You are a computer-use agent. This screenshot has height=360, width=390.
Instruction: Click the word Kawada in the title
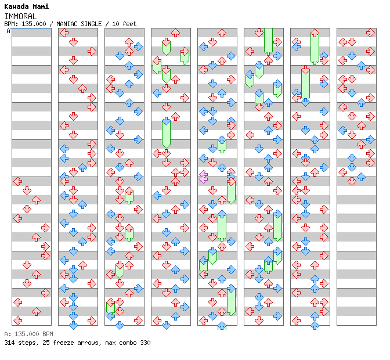coord(16,6)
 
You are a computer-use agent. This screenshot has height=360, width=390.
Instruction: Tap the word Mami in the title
coord(41,6)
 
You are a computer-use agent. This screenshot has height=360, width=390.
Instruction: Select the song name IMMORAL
coord(20,16)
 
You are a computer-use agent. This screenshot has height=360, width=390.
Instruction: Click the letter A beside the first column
coord(9,31)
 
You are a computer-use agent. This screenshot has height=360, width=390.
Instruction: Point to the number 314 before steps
coord(10,343)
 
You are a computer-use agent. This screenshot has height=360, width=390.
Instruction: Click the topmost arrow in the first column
coord(17,181)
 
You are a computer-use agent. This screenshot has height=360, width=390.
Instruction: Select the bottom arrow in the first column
coord(17,321)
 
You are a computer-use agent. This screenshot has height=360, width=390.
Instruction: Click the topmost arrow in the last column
coord(370,33)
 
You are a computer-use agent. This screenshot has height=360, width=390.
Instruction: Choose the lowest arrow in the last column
coord(352,181)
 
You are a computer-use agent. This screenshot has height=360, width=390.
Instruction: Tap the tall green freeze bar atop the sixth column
coord(268,41)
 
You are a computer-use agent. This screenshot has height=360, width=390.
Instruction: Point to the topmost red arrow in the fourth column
coord(166,42)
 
